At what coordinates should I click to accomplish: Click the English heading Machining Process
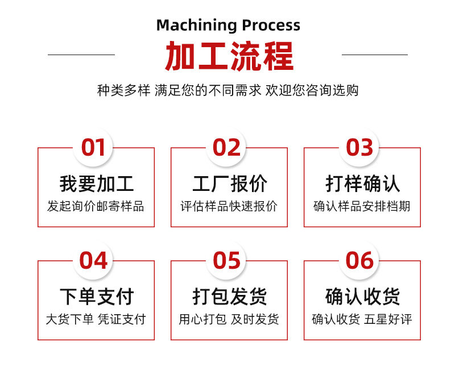[x=228, y=25]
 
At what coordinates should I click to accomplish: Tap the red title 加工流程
[x=229, y=56]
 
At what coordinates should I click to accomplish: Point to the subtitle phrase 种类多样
[x=123, y=90]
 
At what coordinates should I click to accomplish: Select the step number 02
[x=227, y=148]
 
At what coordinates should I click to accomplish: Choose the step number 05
[x=227, y=261]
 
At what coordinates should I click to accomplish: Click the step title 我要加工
[x=96, y=184]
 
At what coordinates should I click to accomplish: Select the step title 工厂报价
[x=229, y=184]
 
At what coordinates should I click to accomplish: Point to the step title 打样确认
[x=362, y=184]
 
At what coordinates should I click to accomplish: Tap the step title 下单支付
[x=96, y=297]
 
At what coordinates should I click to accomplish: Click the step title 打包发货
[x=229, y=297]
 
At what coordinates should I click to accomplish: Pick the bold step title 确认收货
[x=362, y=297]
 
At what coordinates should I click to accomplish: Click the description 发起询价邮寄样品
[x=96, y=206]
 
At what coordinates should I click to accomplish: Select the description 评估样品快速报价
[x=229, y=206]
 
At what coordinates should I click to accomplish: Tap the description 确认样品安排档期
[x=362, y=206]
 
